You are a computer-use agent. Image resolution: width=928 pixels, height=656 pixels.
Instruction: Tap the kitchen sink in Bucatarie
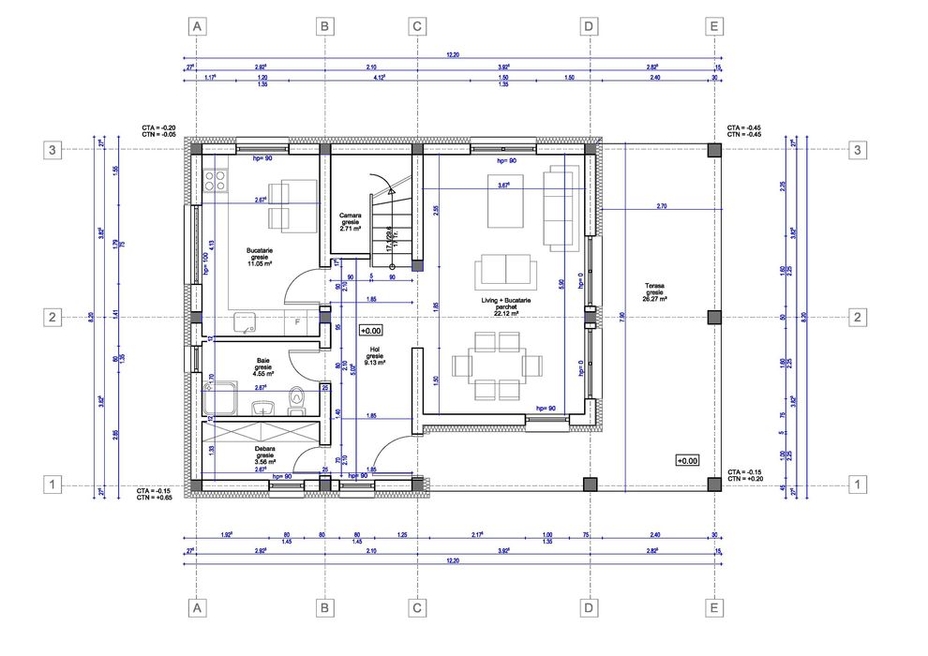pos(248,324)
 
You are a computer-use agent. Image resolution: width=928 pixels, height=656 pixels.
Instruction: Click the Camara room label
pos(352,221)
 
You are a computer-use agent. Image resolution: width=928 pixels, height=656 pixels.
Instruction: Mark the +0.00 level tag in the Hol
pos(370,331)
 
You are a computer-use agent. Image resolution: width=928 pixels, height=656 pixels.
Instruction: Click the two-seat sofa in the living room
pos(506,271)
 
